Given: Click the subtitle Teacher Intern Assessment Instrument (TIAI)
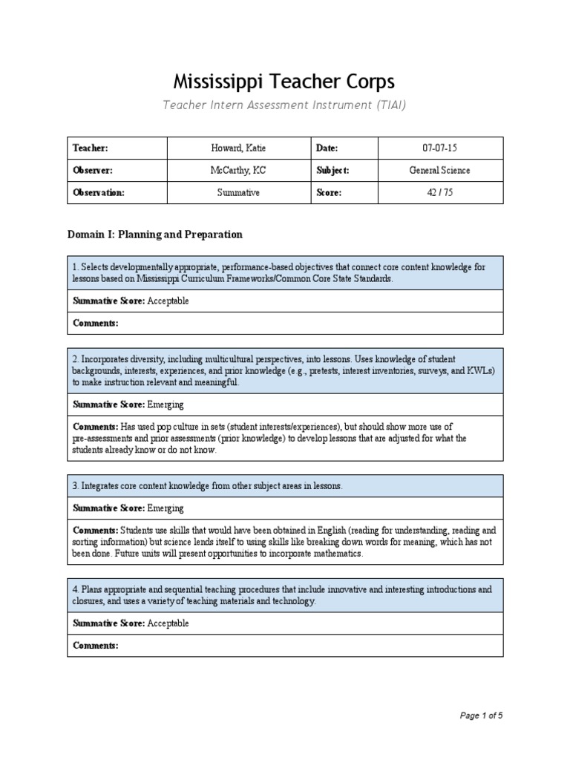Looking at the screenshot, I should coord(285,105).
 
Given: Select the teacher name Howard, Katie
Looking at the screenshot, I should coord(239,148).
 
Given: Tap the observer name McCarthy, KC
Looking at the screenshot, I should coord(239,170).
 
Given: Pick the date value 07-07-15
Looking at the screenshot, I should coord(440,148).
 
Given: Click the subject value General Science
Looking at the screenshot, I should coord(440,170).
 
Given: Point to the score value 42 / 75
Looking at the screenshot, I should coord(440,192).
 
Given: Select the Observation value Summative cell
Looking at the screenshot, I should coord(239,192).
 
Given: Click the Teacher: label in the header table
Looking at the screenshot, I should coord(90,148).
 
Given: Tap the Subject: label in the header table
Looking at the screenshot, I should coord(332,170).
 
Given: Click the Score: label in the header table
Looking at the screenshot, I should coord(329,192).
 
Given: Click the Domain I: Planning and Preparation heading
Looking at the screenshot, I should coord(155,235).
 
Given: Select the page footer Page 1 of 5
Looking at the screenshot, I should coord(481,716).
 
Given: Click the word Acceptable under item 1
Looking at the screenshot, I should coord(168,301).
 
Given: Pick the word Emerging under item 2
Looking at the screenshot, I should coord(166,404).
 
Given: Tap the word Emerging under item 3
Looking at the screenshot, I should coord(166,508).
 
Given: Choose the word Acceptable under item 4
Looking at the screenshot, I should coord(168,623).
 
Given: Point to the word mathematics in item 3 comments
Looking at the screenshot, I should coord(337,554).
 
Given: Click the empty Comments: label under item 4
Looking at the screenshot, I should coord(96,646).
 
